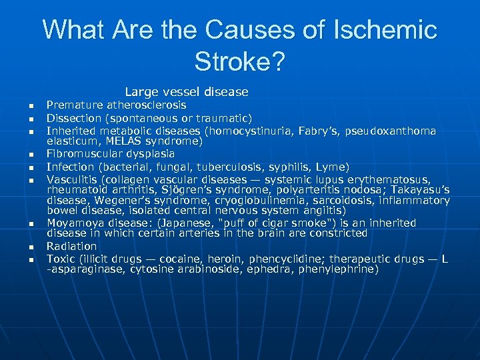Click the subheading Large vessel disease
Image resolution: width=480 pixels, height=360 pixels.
(x=186, y=92)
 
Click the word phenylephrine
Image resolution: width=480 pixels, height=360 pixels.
(x=339, y=269)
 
